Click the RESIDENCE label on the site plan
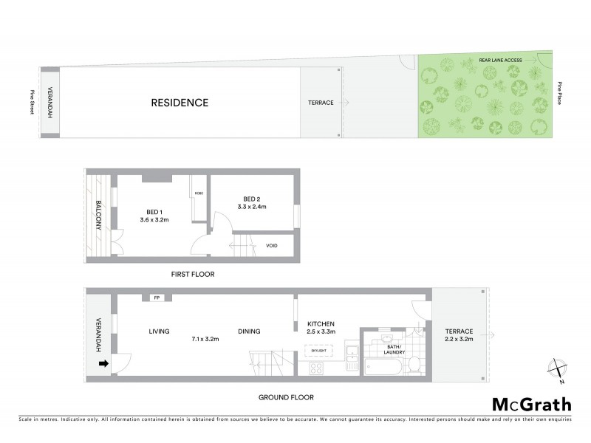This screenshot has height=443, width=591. click(x=180, y=103)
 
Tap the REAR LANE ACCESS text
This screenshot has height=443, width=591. click(x=501, y=59)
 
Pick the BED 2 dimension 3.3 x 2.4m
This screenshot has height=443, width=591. click(x=252, y=207)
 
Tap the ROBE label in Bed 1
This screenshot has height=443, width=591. click(x=199, y=193)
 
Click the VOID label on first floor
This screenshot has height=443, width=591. click(x=272, y=245)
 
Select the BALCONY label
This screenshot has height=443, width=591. click(x=98, y=215)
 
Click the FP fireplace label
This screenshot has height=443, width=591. click(x=157, y=298)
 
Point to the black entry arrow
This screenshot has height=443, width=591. click(x=104, y=363)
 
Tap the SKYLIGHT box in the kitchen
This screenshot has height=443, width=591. click(x=318, y=350)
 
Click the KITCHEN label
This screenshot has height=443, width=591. click(x=321, y=323)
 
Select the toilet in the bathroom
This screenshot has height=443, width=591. click(x=414, y=364)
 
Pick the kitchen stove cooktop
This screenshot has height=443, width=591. click(x=318, y=367)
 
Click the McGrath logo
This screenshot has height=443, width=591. click(x=531, y=404)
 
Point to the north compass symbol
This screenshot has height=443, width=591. click(x=557, y=368)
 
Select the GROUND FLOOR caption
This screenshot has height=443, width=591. click(x=285, y=397)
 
